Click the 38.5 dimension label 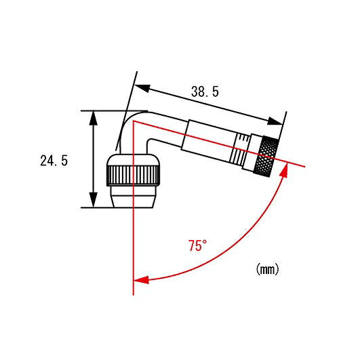pos(205,92)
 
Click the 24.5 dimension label pos(54,161)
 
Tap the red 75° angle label pos(197,245)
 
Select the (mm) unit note pos(267,269)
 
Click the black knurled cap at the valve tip pos(266,156)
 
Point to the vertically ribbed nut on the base pos(133,175)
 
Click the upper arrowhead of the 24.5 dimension pos(93,117)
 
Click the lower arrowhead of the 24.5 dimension pos(93,200)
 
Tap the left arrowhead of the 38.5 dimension pos(142,87)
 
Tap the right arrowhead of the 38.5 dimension pos(275,121)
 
